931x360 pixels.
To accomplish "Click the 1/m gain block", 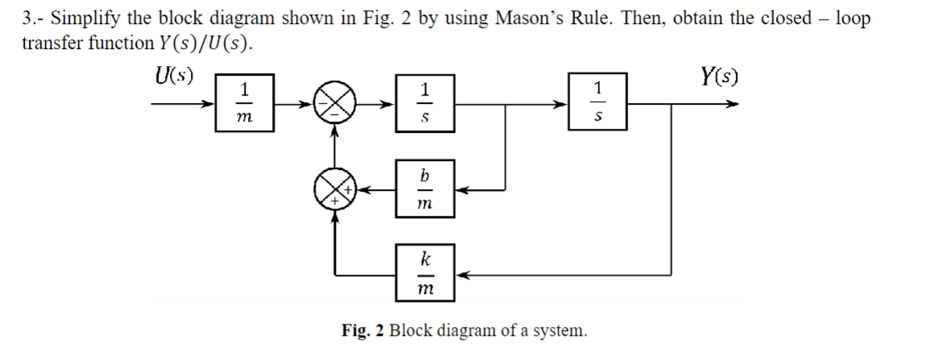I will point(245,103).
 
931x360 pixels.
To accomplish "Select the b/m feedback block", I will point(425,189).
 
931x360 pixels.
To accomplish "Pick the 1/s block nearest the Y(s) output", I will point(597,103).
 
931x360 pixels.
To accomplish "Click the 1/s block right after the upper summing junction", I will point(425,103).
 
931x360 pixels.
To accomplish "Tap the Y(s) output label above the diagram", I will point(719,77).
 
